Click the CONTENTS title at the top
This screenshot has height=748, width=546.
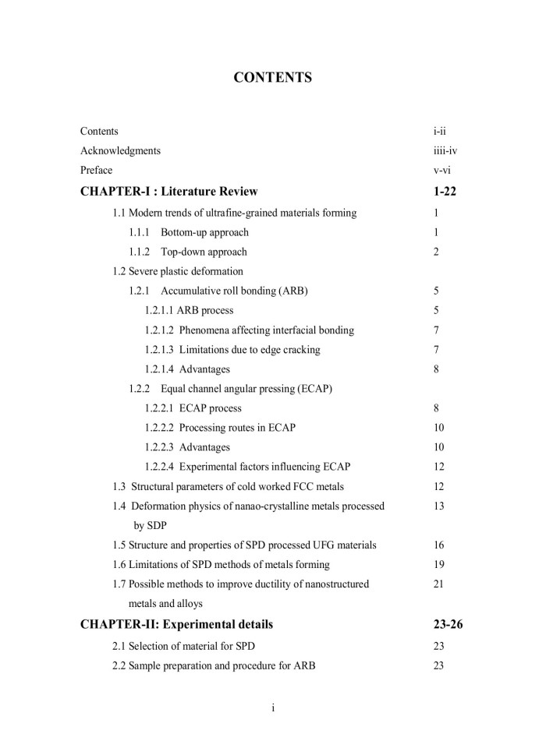[273, 77]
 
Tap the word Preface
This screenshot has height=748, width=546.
[96, 170]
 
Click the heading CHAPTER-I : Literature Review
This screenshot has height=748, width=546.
[169, 192]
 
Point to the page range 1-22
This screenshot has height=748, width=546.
[444, 192]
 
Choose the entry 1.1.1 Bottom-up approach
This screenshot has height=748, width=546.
[189, 232]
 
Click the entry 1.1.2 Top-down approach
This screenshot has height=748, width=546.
[188, 252]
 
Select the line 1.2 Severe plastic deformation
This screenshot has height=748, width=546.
[178, 271]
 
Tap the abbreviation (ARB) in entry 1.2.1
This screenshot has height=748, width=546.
[290, 291]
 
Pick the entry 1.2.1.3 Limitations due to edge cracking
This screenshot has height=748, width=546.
[232, 350]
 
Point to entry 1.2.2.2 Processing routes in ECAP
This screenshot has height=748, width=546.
[220, 428]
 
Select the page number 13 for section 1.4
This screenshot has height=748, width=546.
[438, 506]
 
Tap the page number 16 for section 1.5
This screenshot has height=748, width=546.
[438, 545]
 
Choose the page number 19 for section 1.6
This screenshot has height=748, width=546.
[438, 565]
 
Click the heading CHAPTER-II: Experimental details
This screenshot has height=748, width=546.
[177, 624]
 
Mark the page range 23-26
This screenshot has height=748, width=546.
[448, 624]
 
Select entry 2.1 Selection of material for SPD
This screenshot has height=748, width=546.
[183, 647]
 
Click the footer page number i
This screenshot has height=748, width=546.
[273, 707]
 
